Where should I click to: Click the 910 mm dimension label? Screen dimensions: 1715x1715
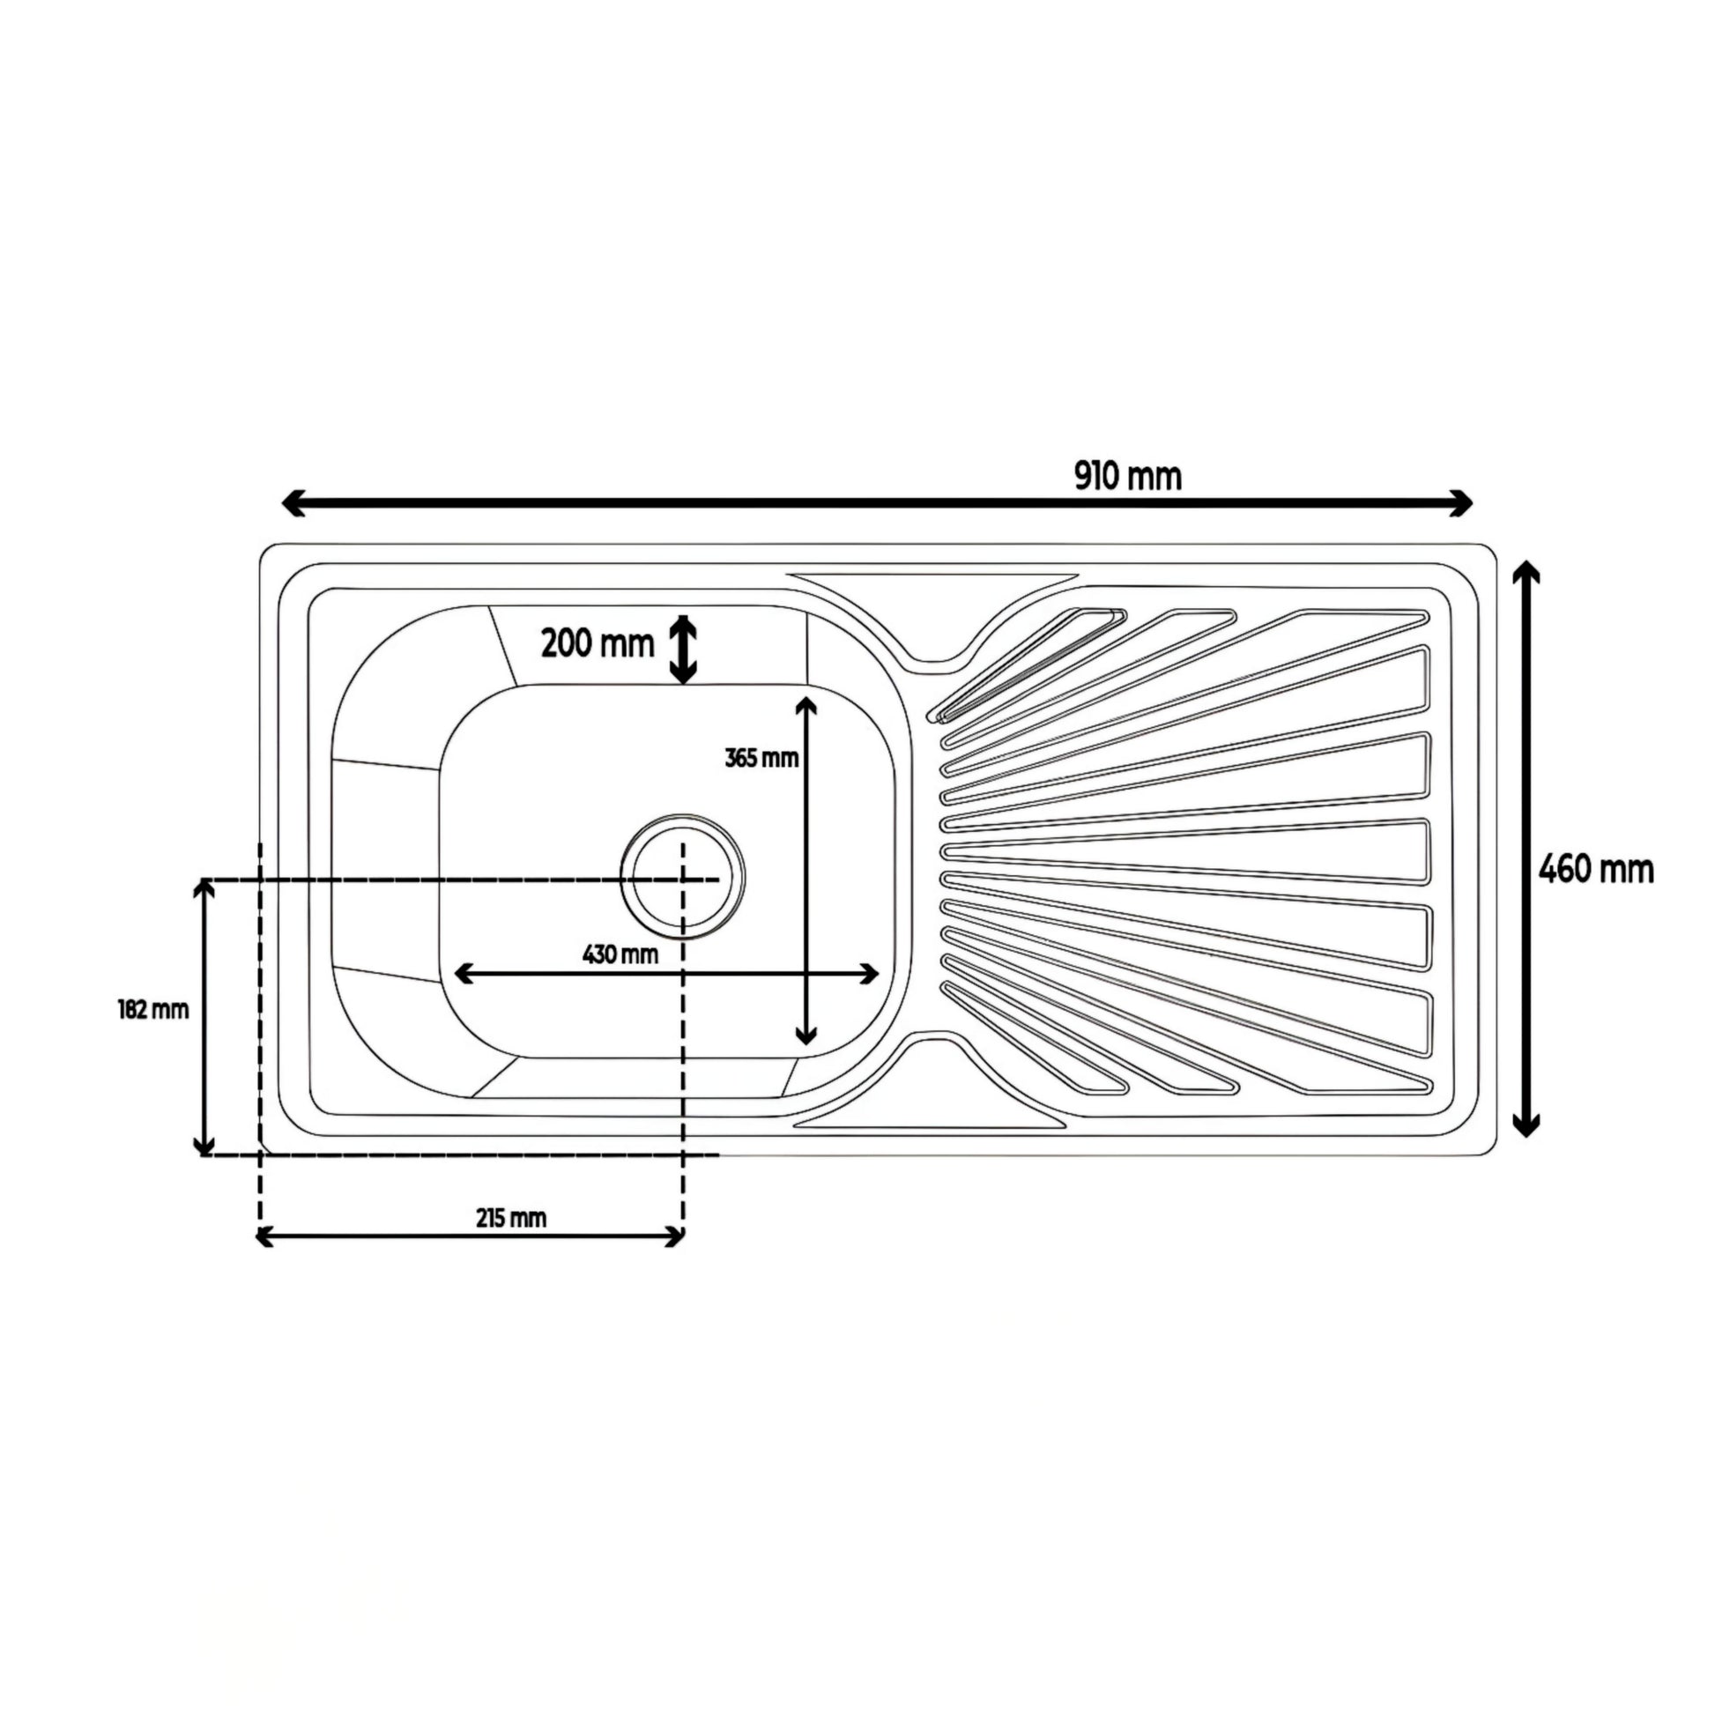click(1127, 477)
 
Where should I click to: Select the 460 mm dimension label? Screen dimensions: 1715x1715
click(1596, 869)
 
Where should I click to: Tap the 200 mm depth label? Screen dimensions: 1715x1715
click(598, 643)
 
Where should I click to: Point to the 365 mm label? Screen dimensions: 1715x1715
click(761, 758)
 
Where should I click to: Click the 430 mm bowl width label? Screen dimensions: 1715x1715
click(620, 954)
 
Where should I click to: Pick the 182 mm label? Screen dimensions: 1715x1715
click(153, 1009)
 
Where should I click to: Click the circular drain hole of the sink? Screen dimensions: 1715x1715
click(683, 876)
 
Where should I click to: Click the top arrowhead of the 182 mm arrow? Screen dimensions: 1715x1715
click(205, 888)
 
